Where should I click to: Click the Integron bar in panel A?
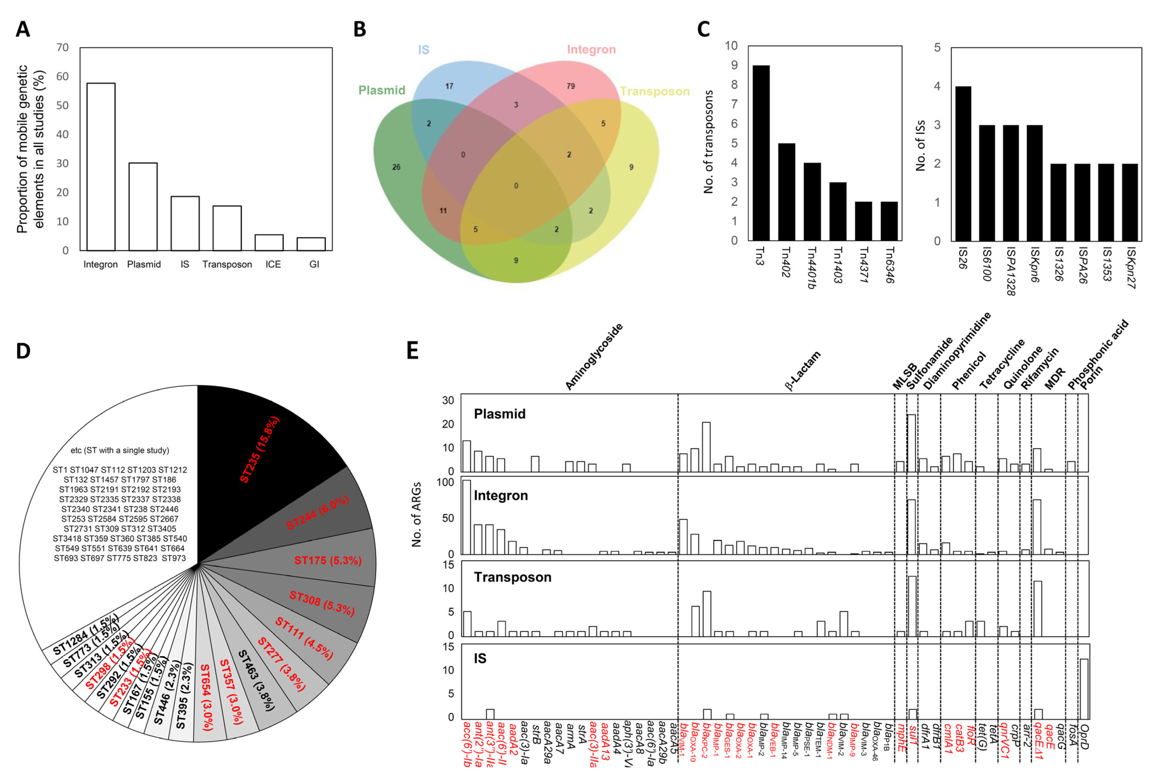pyautogui.click(x=101, y=167)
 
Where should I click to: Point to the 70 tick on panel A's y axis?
pyautogui.click(x=63, y=48)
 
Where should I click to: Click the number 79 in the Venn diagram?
pyautogui.click(x=570, y=86)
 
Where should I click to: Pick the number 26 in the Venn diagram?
pyautogui.click(x=396, y=167)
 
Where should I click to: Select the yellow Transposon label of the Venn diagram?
pyautogui.click(x=654, y=91)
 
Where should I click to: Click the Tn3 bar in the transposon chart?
pyautogui.click(x=761, y=153)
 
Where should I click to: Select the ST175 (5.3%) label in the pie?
pyautogui.click(x=327, y=560)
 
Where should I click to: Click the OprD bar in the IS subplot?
pyautogui.click(x=1084, y=688)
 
